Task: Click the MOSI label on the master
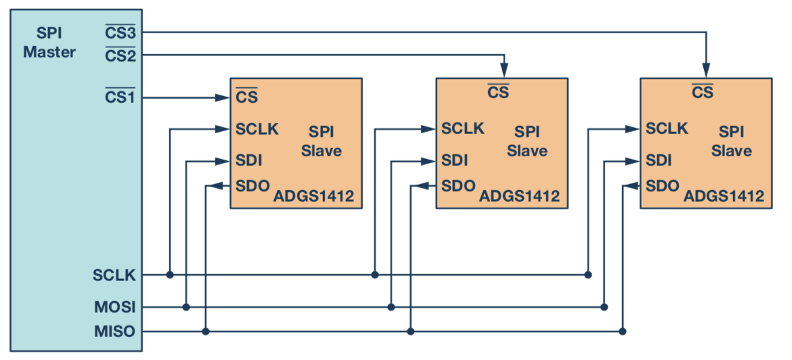pyautogui.click(x=115, y=307)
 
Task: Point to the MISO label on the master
pyautogui.click(x=115, y=332)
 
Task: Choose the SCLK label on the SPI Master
pyautogui.click(x=114, y=275)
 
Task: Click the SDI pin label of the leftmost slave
pyautogui.click(x=249, y=160)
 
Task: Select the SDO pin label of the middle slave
pyautogui.click(x=458, y=185)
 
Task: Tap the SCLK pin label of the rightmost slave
pyautogui.click(x=667, y=128)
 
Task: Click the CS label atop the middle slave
pyautogui.click(x=498, y=92)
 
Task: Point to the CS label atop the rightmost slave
pyautogui.click(x=703, y=92)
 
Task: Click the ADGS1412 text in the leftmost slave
pyautogui.click(x=313, y=197)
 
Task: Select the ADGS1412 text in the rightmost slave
pyautogui.click(x=724, y=197)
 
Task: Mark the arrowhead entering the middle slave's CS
pyautogui.click(x=503, y=70)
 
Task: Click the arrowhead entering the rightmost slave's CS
pyautogui.click(x=706, y=70)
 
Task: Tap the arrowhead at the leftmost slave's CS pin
pyautogui.click(x=223, y=98)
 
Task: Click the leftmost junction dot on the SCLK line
pyautogui.click(x=170, y=275)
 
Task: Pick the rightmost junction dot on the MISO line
pyautogui.click(x=623, y=332)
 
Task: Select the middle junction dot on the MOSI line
pyautogui.click(x=391, y=307)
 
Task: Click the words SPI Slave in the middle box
pyautogui.click(x=527, y=141)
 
